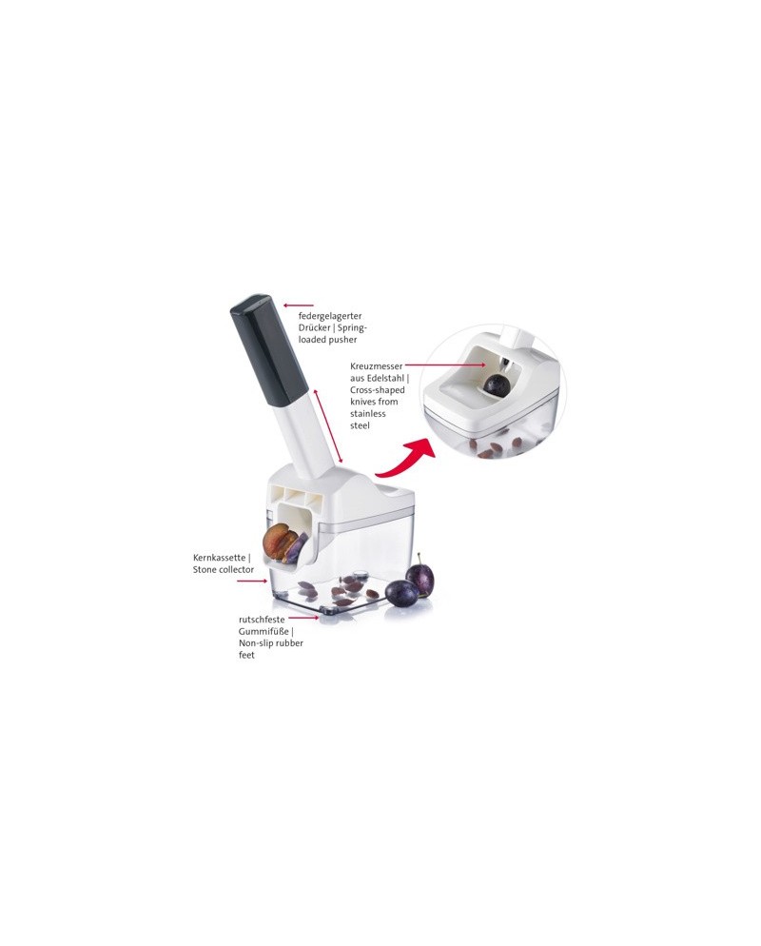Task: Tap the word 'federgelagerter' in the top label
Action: [330, 316]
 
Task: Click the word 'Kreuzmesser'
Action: [377, 366]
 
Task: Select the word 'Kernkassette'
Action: [219, 558]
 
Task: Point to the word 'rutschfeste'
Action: [262, 620]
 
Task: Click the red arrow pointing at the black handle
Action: [299, 305]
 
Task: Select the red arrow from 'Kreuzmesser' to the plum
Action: [445, 365]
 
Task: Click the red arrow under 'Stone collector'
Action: [251, 581]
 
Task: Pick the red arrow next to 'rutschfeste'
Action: [303, 618]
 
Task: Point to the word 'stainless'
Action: [368, 414]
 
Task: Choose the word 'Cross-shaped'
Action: [378, 390]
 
